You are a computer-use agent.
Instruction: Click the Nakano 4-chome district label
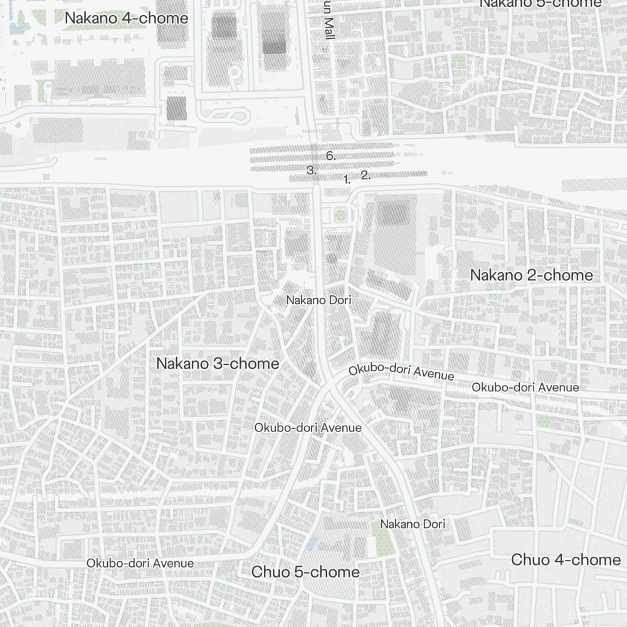[x=126, y=18]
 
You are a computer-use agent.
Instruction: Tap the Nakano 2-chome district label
[x=531, y=275]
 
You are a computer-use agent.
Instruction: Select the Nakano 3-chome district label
[x=218, y=364]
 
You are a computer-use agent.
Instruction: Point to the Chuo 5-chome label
[x=305, y=572]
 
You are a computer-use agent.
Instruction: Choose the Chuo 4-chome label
[x=566, y=560]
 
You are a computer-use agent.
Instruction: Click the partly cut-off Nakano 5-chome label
[x=540, y=4]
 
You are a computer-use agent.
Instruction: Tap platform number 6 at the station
[x=330, y=156]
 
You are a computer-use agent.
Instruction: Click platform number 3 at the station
[x=312, y=170]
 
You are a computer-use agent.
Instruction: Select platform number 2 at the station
[x=366, y=176]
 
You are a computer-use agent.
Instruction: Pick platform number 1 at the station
[x=347, y=180]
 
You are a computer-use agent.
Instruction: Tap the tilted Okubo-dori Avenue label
[x=401, y=371]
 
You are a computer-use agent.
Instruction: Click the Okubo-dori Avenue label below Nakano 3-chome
[x=308, y=428]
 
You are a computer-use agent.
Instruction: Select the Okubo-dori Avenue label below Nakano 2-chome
[x=525, y=387]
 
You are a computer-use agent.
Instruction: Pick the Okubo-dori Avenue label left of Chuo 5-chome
[x=140, y=563]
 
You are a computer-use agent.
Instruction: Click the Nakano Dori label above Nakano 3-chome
[x=319, y=300]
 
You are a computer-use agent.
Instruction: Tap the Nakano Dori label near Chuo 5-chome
[x=413, y=524]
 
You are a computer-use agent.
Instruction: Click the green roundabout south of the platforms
[x=340, y=215]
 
